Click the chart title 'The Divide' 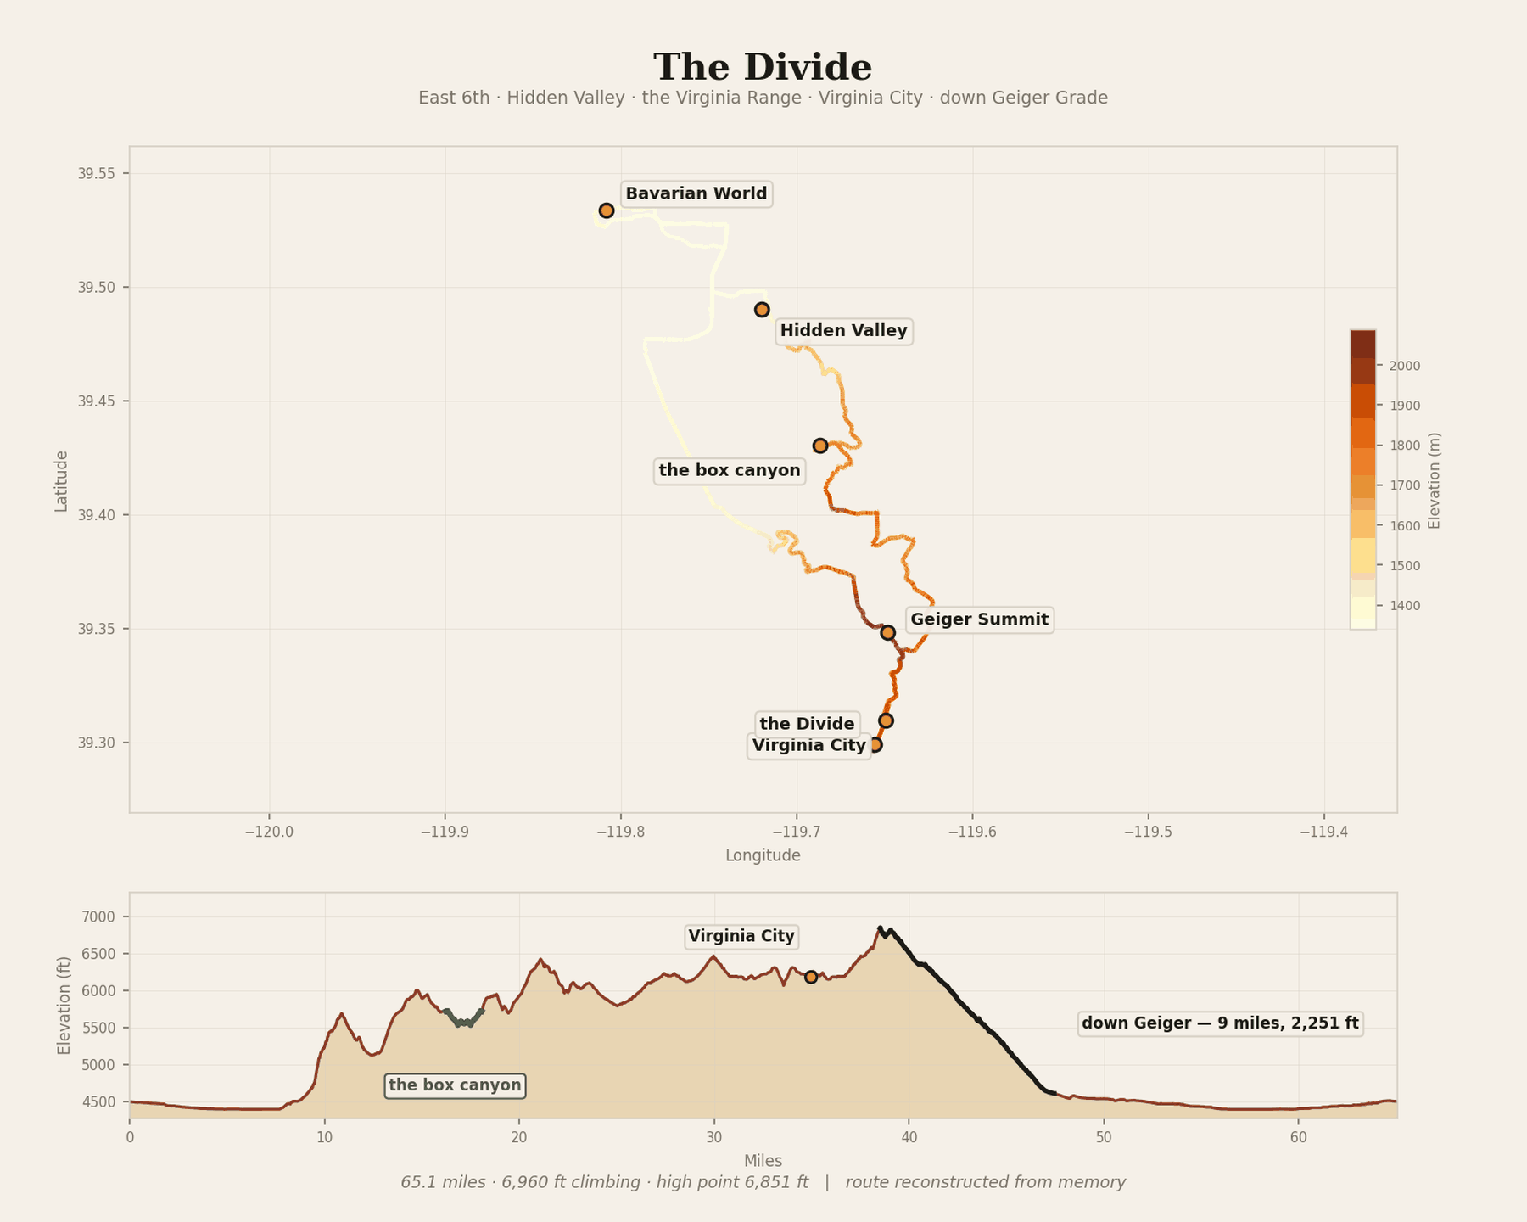[x=763, y=67]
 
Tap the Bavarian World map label [x=696, y=193]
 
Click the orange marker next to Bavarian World [x=607, y=210]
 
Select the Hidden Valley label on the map [x=844, y=331]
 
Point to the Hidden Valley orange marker [x=762, y=310]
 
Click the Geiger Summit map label [x=980, y=619]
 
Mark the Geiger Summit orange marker [x=888, y=632]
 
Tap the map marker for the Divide [x=886, y=720]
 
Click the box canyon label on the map [x=730, y=470]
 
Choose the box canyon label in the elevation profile [x=455, y=1085]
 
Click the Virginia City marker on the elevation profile [x=811, y=977]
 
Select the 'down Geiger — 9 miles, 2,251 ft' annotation [x=1221, y=1023]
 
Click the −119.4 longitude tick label [x=1324, y=832]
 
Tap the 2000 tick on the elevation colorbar [x=1404, y=366]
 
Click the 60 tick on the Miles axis [x=1298, y=1137]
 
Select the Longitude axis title [x=763, y=855]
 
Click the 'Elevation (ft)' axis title [x=64, y=1006]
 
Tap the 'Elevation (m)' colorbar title [x=1435, y=480]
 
